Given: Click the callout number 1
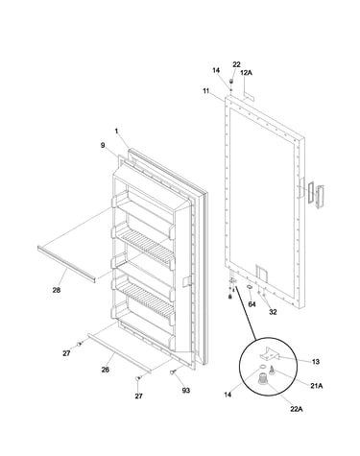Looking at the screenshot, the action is point(117,131).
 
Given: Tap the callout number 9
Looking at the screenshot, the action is point(103,145).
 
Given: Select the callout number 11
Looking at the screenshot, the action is point(205,91).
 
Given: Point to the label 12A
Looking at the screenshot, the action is point(246,73).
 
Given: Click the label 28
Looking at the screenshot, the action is point(57,290).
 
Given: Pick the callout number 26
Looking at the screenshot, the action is point(106,370).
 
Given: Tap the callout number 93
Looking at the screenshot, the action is point(186,391).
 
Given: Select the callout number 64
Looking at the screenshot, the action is point(252,304).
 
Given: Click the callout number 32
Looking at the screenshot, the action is point(273,312).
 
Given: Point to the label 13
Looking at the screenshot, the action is point(316,362).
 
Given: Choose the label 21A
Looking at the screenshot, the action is point(316,386).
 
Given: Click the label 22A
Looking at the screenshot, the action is point(297,409).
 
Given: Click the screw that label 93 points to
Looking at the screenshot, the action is point(174,372).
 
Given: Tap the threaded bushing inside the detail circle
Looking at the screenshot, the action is point(263,378).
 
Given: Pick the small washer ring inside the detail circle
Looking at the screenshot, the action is point(262,367).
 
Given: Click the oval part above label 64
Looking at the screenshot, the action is point(249,287).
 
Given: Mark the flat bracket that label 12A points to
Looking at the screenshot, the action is point(249,95).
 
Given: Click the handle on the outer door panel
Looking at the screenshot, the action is point(320,198).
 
